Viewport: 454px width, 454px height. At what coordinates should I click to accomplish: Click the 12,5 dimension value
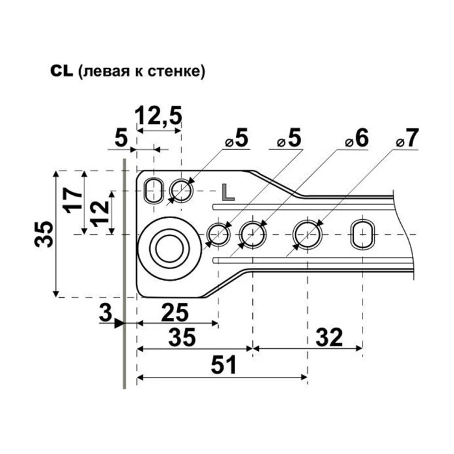coord(159,116)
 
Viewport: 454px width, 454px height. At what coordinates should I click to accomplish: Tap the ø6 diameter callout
coord(357,138)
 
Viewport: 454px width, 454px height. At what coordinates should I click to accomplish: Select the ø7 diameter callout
coord(408,138)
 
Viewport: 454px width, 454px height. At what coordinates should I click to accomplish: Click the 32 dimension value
coord(329,337)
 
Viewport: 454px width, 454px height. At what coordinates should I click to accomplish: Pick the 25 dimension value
coord(174,313)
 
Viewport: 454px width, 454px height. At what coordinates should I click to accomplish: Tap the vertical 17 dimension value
coord(73,200)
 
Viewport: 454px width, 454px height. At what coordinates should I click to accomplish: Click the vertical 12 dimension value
coord(99,213)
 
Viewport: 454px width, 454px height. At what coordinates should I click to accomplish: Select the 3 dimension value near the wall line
coord(106,313)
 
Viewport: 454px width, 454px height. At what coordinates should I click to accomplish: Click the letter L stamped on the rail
coord(228,193)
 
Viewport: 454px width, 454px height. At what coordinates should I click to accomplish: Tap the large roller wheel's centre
coord(169,249)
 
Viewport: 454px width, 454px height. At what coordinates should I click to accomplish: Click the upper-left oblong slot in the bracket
coord(154,191)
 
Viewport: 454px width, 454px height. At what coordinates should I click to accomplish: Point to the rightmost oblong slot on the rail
coord(363,235)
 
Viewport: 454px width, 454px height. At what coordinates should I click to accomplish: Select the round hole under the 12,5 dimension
coord(182,191)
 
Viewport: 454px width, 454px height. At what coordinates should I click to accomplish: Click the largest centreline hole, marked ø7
coord(307,235)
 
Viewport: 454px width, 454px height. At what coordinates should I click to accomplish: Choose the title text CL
coord(62,71)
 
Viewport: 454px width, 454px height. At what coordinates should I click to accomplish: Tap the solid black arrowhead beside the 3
coord(119,323)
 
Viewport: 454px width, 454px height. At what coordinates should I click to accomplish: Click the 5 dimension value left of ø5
coord(121,138)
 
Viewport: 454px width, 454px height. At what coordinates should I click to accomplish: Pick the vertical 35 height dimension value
coord(43,234)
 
